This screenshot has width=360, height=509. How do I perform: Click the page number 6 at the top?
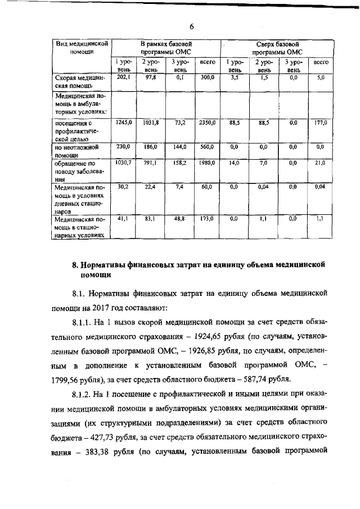pyautogui.click(x=191, y=27)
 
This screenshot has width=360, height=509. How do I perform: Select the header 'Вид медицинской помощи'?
pyautogui.click(x=82, y=47)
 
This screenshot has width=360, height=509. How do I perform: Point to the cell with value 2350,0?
pyautogui.click(x=208, y=122)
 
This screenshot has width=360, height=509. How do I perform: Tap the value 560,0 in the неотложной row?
pyautogui.click(x=208, y=147)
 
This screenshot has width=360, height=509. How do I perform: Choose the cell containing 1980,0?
pyautogui.click(x=207, y=163)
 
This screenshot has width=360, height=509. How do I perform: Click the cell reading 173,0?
pyautogui.click(x=208, y=219)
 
